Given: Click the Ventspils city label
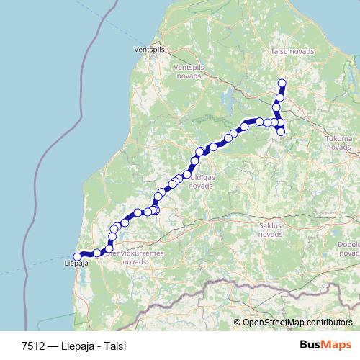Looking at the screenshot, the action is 150,50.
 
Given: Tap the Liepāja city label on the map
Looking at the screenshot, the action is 76,264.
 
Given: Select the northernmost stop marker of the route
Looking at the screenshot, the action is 282,82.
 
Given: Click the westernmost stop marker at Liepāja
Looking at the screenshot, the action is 78,256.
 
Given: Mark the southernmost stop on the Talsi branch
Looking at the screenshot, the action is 281,131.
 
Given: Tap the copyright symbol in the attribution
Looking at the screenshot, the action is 238,322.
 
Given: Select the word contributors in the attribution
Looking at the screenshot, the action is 330,322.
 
